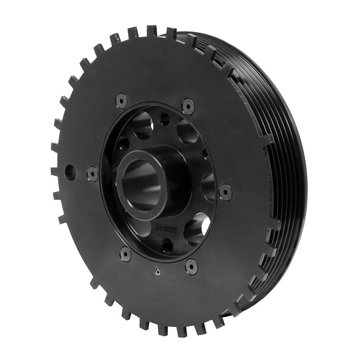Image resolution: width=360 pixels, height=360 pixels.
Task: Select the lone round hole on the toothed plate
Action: click(70, 172)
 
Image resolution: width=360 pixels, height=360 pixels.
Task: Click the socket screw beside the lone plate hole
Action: click(92, 174)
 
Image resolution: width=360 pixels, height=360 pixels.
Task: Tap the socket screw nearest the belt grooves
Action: click(225, 192)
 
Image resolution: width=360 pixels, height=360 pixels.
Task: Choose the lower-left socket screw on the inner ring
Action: click(126, 255)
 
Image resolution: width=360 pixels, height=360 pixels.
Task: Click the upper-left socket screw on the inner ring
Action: click(121, 100)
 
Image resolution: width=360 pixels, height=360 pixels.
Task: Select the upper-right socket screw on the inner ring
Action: click(188, 106)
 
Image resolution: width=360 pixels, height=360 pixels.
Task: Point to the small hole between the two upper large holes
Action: click(165, 120)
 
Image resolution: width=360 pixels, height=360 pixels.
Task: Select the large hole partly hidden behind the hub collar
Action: click(208, 185)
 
